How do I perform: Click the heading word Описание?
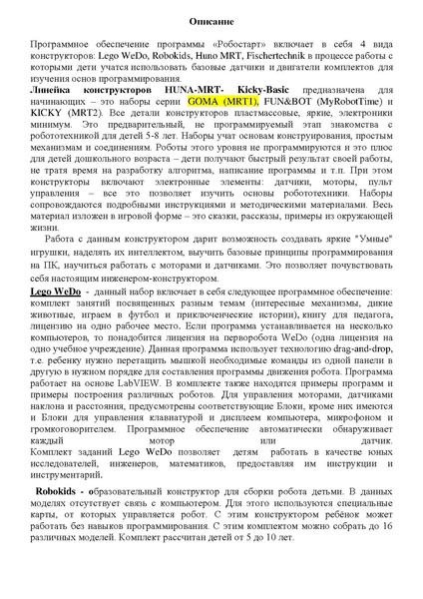click(x=211, y=20)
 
